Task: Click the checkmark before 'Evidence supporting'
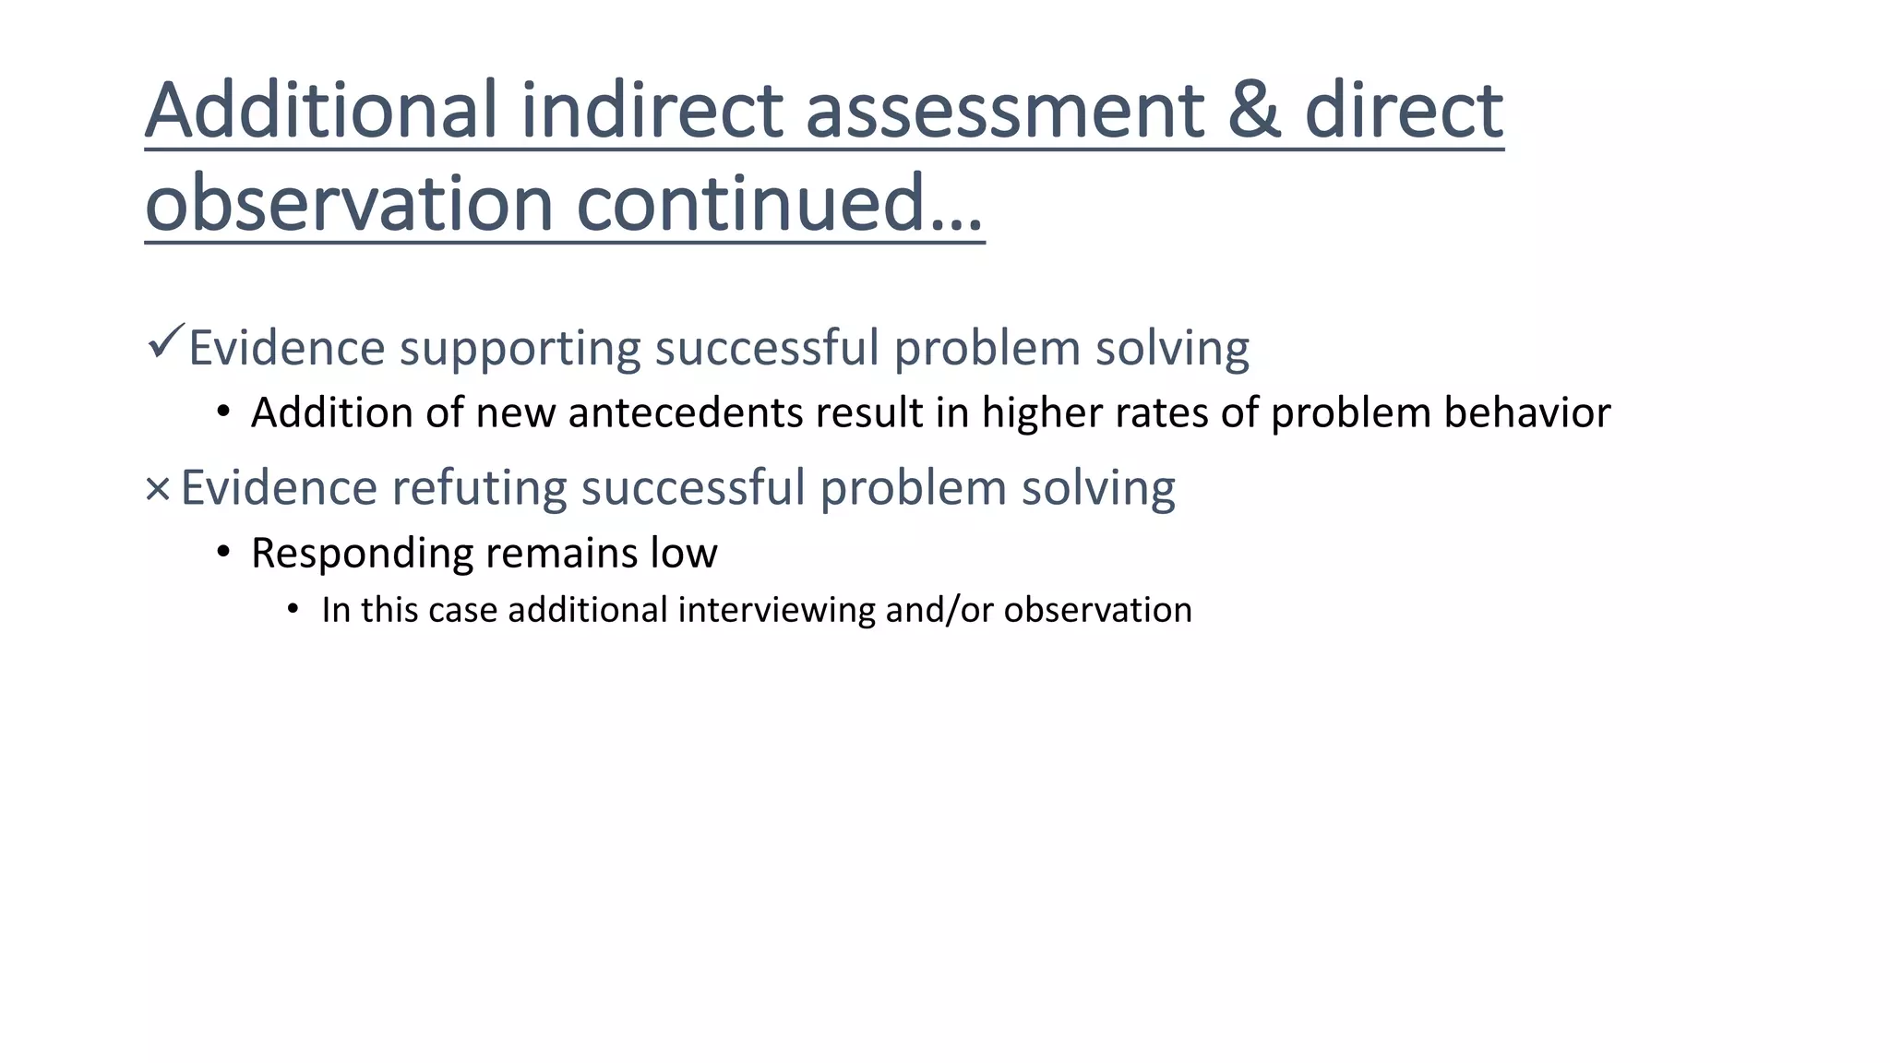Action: point(166,342)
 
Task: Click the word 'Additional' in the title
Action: point(322,110)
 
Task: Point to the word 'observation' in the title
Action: point(349,203)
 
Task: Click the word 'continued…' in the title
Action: point(780,203)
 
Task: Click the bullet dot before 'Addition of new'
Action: point(222,412)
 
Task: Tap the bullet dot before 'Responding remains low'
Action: point(222,553)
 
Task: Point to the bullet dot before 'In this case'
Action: point(293,609)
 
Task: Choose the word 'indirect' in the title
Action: point(652,110)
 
